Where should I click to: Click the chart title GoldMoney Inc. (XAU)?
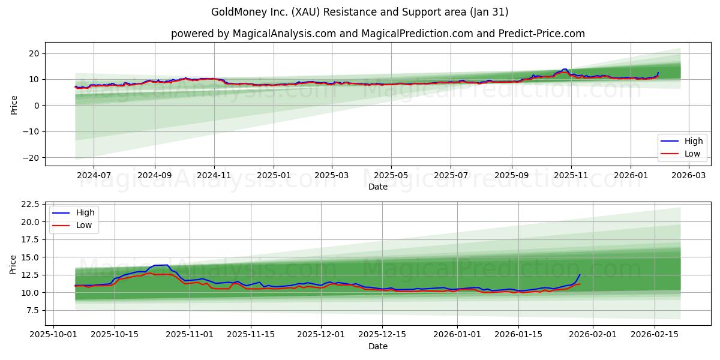coord(359,12)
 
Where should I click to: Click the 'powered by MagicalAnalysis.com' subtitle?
coord(377,34)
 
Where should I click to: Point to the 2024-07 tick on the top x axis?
coord(94,175)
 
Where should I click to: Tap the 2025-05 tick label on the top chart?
coord(391,175)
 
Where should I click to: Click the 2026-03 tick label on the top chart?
coord(688,175)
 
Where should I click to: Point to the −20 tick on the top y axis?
coord(31,158)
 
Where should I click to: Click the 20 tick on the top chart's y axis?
coord(34,53)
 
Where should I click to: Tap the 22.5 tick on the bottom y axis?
coord(29,204)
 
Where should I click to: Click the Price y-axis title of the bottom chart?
coord(13,263)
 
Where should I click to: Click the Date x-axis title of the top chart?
coord(377,187)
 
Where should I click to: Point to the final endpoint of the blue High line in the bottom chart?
coord(580,275)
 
